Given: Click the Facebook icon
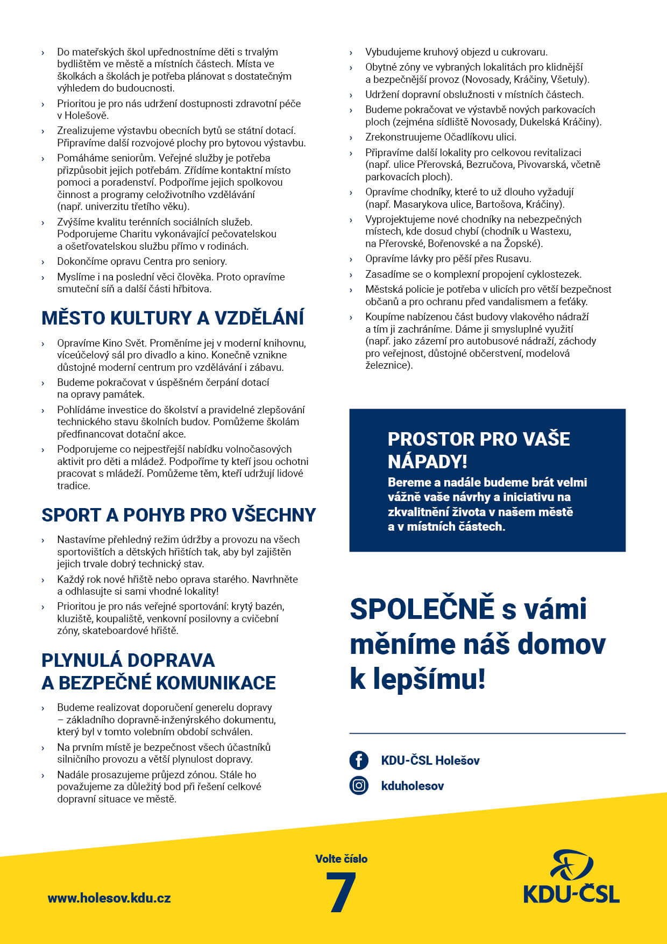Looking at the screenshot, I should click(x=359, y=760).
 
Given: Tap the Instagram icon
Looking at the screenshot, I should click(x=359, y=786).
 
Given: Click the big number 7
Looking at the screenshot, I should click(x=341, y=892).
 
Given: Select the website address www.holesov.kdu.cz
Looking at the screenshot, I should click(x=109, y=898).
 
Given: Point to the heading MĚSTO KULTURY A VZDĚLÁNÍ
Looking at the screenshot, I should click(x=173, y=318).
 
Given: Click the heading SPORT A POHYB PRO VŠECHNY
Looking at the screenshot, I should click(x=179, y=515).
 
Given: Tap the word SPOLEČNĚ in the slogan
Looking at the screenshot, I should click(x=422, y=609).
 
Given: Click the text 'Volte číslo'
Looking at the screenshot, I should click(x=341, y=858).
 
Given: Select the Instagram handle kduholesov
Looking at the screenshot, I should click(x=413, y=786).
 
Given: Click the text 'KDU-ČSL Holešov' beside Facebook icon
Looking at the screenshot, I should click(x=430, y=760).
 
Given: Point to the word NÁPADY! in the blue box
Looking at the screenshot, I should click(x=428, y=461).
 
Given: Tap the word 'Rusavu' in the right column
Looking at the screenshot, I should click(x=513, y=258).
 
